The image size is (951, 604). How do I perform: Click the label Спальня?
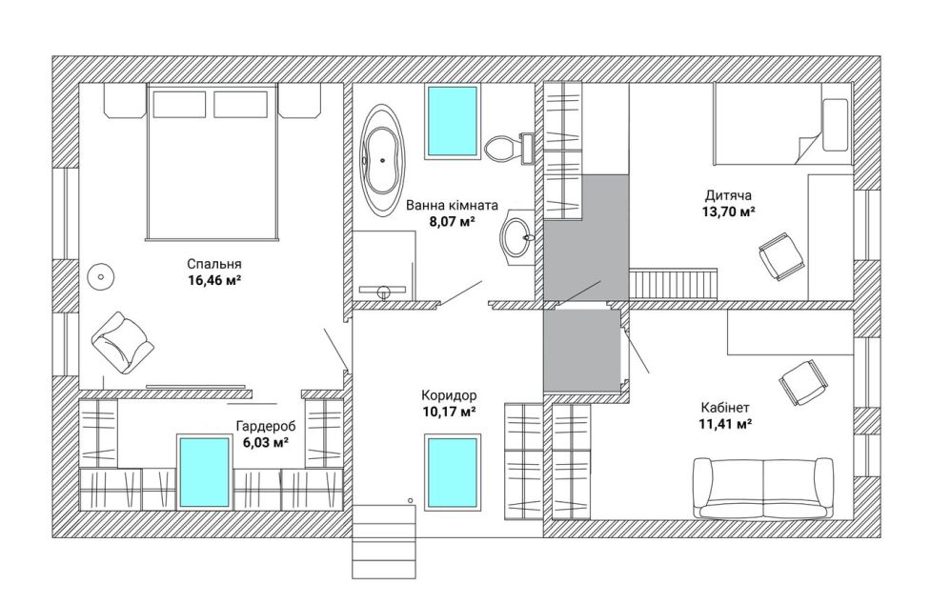tap(214, 264)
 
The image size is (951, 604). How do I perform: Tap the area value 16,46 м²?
tap(214, 279)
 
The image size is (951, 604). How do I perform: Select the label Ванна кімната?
tap(452, 205)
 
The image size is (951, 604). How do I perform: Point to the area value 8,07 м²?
tap(452, 221)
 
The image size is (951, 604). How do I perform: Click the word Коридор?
tap(449, 395)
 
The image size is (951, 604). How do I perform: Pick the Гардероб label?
tap(261, 426)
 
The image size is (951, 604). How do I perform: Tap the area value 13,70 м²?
tap(728, 211)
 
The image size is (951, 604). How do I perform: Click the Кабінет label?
tap(725, 407)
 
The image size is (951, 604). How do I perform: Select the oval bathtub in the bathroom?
tap(383, 160)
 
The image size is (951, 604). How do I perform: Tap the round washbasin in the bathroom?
tap(517, 237)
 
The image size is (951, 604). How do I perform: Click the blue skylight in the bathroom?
tap(454, 121)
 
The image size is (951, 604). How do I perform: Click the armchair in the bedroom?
tap(123, 343)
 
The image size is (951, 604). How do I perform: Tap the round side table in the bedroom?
tap(101, 278)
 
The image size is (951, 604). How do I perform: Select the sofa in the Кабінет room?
tap(763, 488)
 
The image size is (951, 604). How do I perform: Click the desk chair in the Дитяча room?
tap(781, 255)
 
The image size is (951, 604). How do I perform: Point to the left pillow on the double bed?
tap(179, 104)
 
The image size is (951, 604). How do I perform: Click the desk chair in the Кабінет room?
tap(803, 383)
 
